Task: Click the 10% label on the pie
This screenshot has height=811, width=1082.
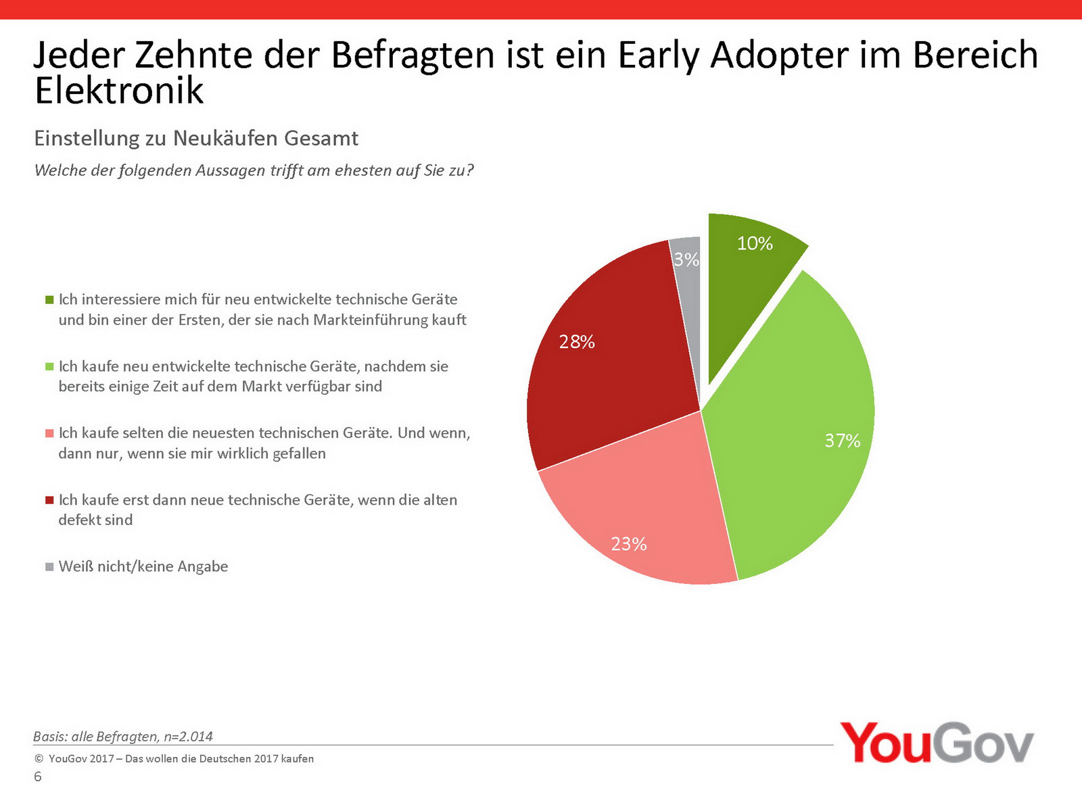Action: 755,243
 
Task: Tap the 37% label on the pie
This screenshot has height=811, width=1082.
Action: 842,441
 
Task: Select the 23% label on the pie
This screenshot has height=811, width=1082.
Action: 629,544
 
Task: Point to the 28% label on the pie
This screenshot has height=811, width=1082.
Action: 577,342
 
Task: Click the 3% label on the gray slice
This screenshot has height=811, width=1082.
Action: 686,260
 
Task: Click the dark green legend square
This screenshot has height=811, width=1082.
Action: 49,299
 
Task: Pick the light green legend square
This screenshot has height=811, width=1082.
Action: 49,366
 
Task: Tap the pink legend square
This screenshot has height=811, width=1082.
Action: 49,433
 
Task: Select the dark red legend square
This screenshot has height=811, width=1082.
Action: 49,500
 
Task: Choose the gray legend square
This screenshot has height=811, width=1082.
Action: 49,566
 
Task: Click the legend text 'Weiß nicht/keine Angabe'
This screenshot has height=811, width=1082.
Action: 143,566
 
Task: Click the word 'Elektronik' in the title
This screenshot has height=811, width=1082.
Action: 119,91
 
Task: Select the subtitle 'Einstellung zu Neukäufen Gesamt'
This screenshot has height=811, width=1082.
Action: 196,139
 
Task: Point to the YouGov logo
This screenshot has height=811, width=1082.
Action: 937,743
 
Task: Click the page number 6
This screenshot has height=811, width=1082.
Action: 38,777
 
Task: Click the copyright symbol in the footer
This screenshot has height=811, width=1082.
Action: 39,759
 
